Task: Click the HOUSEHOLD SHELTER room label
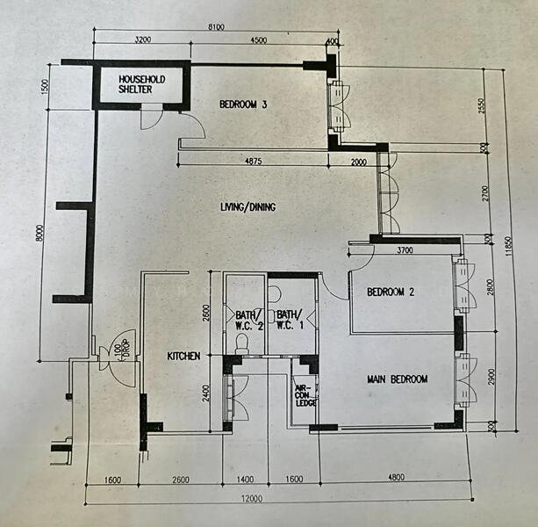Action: pyautogui.click(x=141, y=83)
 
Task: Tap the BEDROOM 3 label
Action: pyautogui.click(x=243, y=105)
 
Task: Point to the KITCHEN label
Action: pyautogui.click(x=185, y=356)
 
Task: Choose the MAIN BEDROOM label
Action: pyautogui.click(x=397, y=379)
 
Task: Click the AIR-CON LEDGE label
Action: pyautogui.click(x=305, y=394)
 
